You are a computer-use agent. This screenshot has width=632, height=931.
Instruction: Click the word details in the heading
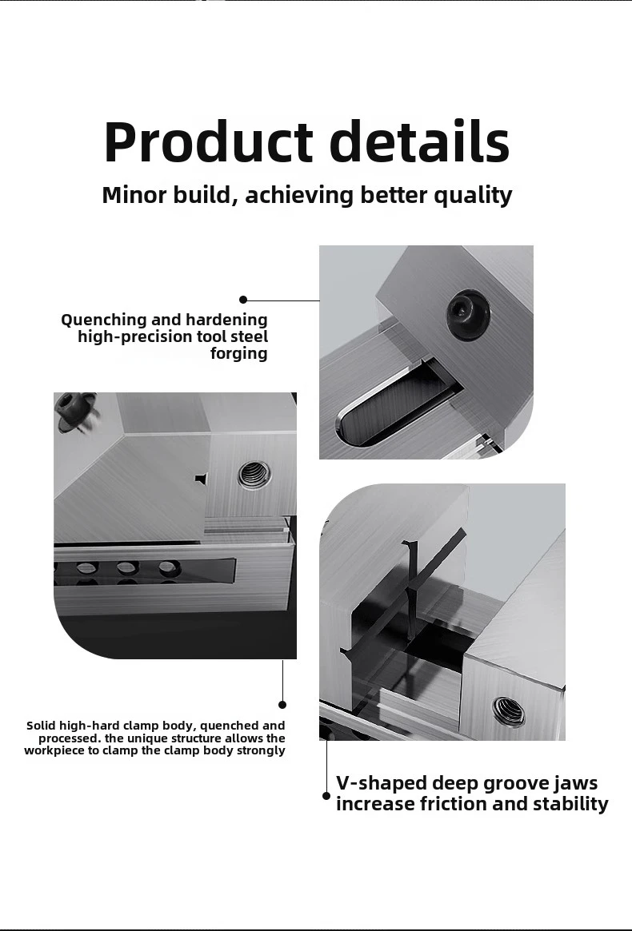pyautogui.click(x=419, y=142)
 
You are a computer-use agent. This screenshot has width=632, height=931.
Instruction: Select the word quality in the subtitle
pyautogui.click(x=472, y=196)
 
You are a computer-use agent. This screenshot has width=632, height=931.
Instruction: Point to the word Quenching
pyautogui.click(x=103, y=320)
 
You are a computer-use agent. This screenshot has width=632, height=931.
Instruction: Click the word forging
pyautogui.click(x=238, y=353)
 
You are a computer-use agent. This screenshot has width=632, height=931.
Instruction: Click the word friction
pyautogui.click(x=454, y=804)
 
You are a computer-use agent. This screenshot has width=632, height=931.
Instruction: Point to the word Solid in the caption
pyautogui.click(x=41, y=726)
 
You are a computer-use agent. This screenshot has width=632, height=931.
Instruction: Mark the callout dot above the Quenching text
pyautogui.click(x=243, y=300)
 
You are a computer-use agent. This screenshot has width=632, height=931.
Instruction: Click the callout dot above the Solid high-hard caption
pyautogui.click(x=282, y=704)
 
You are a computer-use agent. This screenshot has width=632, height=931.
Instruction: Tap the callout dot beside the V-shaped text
pyautogui.click(x=326, y=796)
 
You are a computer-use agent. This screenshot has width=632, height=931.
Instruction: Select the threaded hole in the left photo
pyautogui.click(x=253, y=475)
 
